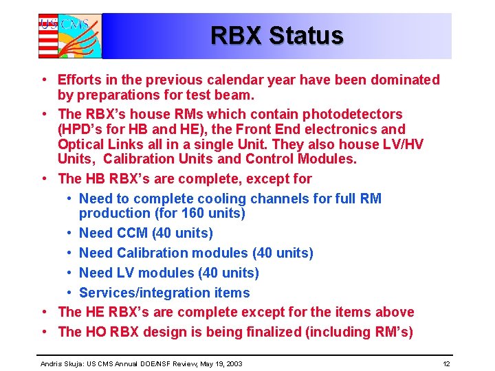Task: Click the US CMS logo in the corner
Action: click(x=69, y=36)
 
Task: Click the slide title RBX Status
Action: click(x=276, y=35)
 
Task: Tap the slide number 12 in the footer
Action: click(x=446, y=363)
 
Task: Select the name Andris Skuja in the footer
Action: click(x=61, y=363)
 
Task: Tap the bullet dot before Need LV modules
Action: click(x=71, y=273)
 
